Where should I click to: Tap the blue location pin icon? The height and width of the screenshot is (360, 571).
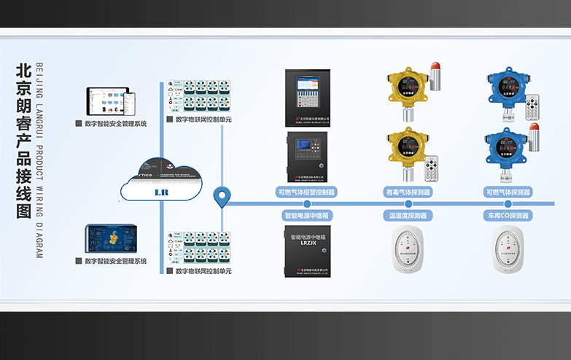click(222, 197)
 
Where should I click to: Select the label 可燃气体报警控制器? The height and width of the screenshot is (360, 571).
click(306, 192)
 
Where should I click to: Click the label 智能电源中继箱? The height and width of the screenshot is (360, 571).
click(306, 216)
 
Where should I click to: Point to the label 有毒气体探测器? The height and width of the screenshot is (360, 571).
click(408, 192)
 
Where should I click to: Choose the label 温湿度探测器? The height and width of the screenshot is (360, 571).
click(408, 216)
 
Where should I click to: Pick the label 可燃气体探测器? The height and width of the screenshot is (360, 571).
click(508, 192)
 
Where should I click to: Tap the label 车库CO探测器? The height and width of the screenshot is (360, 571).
click(508, 216)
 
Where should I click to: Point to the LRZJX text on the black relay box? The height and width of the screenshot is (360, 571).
click(306, 245)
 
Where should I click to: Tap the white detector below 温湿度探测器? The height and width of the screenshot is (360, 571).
click(408, 252)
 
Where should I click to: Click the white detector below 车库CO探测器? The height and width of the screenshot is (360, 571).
click(508, 252)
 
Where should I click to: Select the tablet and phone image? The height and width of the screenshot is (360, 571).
click(106, 102)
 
